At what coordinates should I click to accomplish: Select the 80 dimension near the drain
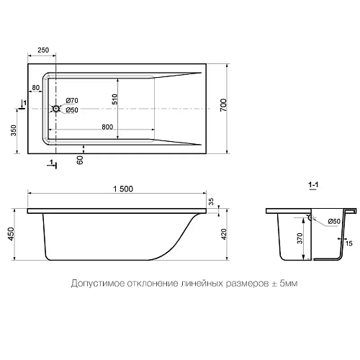coord(35,89)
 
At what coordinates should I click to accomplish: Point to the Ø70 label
coord(72,100)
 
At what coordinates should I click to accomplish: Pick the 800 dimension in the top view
coord(106,127)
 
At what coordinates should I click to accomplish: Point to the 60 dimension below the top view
coord(80,159)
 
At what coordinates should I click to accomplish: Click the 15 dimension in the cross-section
coord(350,243)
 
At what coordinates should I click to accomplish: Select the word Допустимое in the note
coord(94,284)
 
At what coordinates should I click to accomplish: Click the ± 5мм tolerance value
coord(284,284)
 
